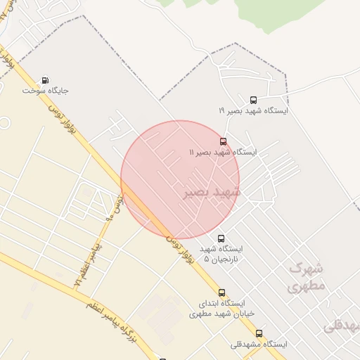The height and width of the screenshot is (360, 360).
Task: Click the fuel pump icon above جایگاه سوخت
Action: pyautogui.click(x=46, y=80)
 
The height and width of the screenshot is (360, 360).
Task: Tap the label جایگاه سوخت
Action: pyautogui.click(x=46, y=91)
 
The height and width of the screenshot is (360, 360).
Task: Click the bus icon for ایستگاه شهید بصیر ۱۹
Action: pyautogui.click(x=253, y=100)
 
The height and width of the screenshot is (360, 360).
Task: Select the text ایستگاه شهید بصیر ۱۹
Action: pyautogui.click(x=253, y=110)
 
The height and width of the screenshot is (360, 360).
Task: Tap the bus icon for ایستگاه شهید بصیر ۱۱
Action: pyautogui.click(x=223, y=141)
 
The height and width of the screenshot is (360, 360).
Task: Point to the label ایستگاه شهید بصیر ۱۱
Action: pyautogui.click(x=223, y=152)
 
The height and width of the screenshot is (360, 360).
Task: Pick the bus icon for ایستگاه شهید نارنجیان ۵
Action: pyautogui.click(x=222, y=238)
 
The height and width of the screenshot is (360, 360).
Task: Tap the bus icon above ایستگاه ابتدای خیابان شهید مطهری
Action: pyautogui.click(x=222, y=292)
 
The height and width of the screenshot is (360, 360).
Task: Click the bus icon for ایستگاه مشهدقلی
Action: pyautogui.click(x=259, y=334)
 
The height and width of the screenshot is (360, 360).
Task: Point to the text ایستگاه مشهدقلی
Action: pyautogui.click(x=259, y=345)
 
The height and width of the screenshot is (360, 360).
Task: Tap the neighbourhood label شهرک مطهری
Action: pyautogui.click(x=306, y=278)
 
